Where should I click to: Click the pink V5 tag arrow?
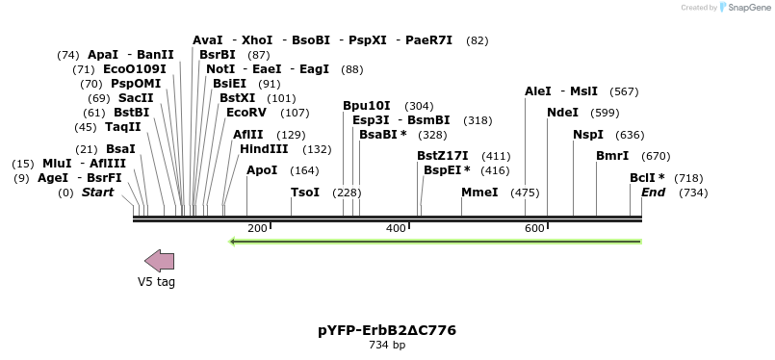[160, 260]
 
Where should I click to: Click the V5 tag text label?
[156, 282]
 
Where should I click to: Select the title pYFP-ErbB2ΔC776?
[387, 330]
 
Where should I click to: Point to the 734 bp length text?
[387, 345]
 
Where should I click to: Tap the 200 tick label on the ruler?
[257, 228]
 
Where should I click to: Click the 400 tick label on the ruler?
[396, 228]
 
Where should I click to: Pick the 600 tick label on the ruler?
[534, 228]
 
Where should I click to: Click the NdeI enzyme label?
[562, 113]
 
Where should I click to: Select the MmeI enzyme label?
[479, 193]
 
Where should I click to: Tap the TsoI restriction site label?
[305, 193]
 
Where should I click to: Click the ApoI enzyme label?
[262, 170]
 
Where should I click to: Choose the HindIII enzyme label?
[264, 149]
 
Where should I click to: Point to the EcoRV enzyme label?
[247, 113]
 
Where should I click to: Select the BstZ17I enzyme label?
[443, 156]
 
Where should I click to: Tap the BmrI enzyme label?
[612, 156]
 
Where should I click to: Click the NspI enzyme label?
[588, 135]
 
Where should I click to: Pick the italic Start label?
[97, 193]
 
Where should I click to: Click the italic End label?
[654, 193]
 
